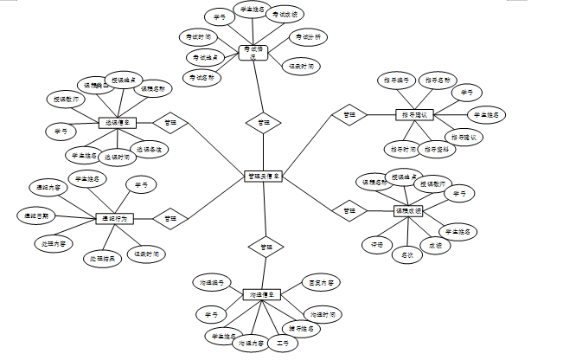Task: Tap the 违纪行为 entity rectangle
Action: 116,219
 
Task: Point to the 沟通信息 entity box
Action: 262,295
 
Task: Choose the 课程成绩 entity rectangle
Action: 407,210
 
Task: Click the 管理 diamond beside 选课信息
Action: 170,123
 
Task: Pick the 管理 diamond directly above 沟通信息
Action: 263,247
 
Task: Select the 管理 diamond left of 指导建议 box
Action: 349,114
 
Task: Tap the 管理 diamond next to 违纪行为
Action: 170,219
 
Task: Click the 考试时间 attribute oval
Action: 196,37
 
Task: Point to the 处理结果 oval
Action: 104,258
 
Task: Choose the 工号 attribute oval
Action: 282,344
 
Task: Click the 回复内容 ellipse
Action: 324,283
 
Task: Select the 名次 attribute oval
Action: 407,255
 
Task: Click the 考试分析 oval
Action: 309,37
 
